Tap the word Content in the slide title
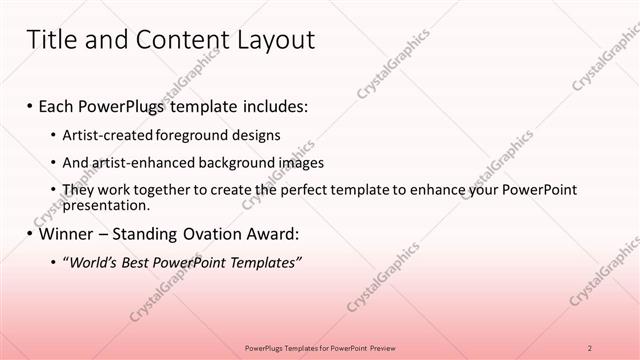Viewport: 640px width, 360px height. [x=176, y=40]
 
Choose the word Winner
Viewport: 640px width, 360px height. [x=69, y=235]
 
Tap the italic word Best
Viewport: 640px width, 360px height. [x=142, y=262]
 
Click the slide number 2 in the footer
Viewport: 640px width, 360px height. [x=590, y=347]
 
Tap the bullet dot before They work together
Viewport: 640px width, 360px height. [x=53, y=189]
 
